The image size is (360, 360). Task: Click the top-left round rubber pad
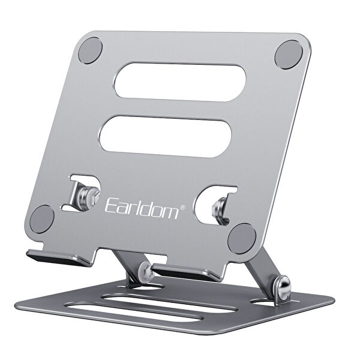(91, 50)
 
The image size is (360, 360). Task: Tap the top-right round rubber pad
(288, 54)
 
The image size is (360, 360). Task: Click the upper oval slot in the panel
(181, 81)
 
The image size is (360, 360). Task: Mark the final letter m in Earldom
(170, 211)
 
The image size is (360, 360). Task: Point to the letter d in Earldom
(148, 208)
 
